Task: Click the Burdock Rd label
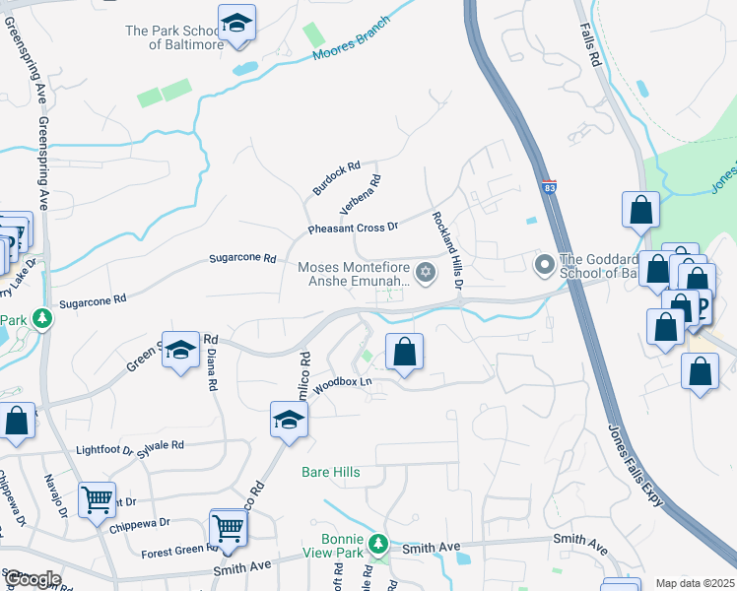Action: coord(337,177)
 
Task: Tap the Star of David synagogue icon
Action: coord(426,272)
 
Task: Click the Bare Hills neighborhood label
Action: coord(330,472)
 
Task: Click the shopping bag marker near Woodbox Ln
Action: coord(404,351)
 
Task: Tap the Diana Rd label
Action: coord(211,361)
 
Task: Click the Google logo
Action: coord(32,579)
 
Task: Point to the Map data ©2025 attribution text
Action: coord(694,583)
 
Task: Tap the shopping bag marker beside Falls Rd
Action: coord(640,209)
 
